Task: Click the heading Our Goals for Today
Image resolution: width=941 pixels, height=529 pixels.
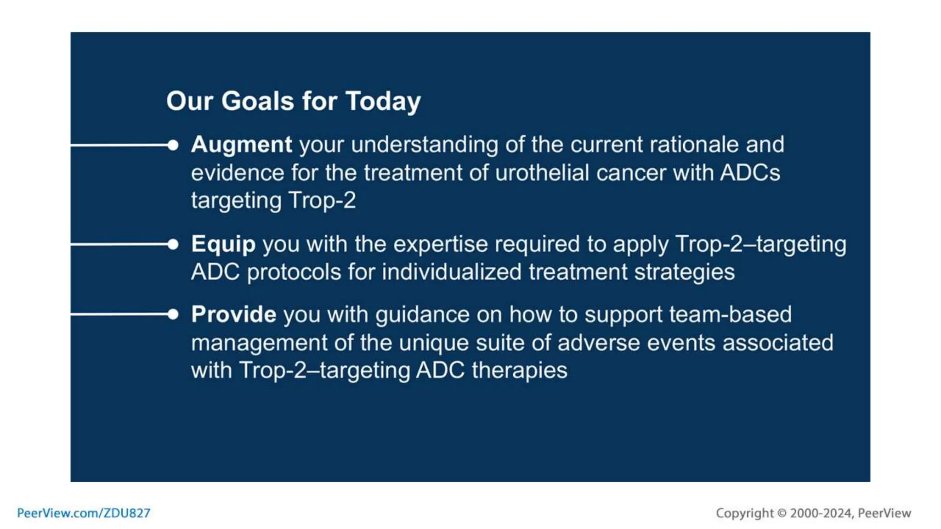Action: click(x=293, y=101)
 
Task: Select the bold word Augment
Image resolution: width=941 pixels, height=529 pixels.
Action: click(x=241, y=145)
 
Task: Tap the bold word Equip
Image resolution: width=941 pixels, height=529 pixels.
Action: click(x=223, y=244)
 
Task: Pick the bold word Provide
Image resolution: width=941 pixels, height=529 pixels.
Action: click(x=233, y=315)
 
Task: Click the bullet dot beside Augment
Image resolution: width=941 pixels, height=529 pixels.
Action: click(x=173, y=145)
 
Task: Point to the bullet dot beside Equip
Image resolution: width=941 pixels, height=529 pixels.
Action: click(x=173, y=244)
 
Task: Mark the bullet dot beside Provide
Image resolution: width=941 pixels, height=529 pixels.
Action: click(x=173, y=315)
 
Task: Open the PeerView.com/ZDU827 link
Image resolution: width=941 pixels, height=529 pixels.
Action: click(x=84, y=513)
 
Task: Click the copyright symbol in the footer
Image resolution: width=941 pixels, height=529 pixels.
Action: click(x=782, y=513)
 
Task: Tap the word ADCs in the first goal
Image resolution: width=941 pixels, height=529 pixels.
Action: click(x=750, y=173)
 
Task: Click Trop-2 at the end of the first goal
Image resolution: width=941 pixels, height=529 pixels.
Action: click(x=322, y=201)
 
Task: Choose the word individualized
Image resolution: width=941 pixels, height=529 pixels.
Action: click(x=452, y=272)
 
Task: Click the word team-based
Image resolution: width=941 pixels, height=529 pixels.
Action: click(x=730, y=315)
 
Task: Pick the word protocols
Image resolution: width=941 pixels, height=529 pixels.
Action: click(x=294, y=272)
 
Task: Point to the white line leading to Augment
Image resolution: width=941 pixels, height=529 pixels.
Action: click(x=119, y=145)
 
